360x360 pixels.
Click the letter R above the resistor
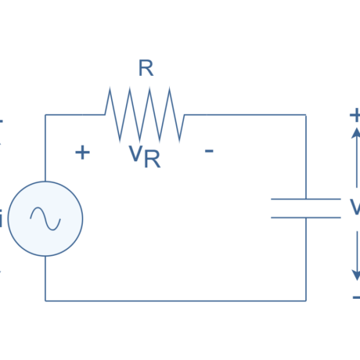146,68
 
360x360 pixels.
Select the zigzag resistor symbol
145,115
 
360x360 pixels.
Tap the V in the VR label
135,153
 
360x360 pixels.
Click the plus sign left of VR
82,152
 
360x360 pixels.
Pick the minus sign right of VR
209,150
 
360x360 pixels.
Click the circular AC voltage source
45,218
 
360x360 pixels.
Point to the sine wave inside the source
45,218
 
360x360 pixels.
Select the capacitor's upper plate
305,200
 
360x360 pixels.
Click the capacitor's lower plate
305,217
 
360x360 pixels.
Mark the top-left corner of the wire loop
45,114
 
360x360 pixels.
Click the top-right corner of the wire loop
306,114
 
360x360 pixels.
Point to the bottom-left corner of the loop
45,301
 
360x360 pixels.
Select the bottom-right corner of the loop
306,301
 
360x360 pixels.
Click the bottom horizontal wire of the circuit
175,301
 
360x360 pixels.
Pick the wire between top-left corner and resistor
74,114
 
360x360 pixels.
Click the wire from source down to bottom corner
45,279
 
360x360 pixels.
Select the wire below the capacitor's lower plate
306,258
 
